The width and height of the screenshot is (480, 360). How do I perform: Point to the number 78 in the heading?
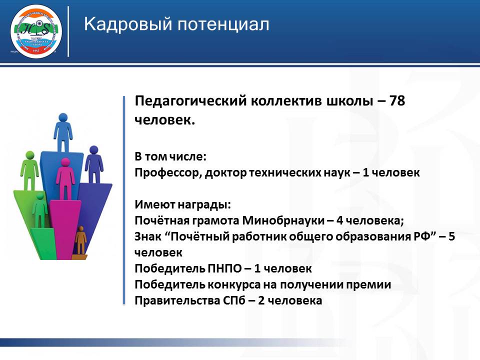pos(396,101)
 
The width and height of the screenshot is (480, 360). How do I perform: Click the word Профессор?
pos(161,172)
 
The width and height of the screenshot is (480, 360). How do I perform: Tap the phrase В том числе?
pos(170,156)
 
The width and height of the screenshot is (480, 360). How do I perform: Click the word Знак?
pos(146,236)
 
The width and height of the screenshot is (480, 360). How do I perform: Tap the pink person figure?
pos(65,177)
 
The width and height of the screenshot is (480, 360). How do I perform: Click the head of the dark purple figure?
pos(93,149)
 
